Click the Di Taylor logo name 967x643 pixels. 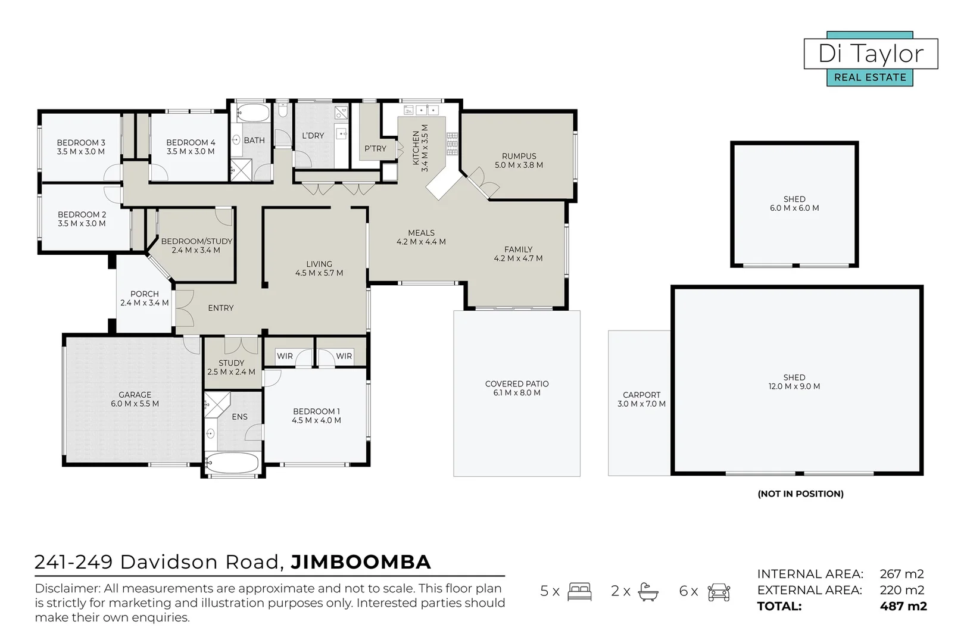click(x=871, y=54)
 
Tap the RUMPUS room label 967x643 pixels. click(x=519, y=156)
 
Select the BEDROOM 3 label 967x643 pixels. click(x=81, y=142)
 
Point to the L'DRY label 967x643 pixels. click(x=313, y=136)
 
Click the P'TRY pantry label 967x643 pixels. click(x=375, y=148)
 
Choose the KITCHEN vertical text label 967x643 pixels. click(x=416, y=148)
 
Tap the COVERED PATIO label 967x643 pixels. click(x=517, y=383)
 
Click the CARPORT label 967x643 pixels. click(x=641, y=395)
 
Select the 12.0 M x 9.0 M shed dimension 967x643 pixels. click(x=794, y=386)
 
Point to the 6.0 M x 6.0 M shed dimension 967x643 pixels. click(x=794, y=208)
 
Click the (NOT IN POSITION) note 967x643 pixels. click(x=801, y=494)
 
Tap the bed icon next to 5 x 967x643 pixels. click(x=580, y=591)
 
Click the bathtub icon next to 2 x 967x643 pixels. click(x=648, y=592)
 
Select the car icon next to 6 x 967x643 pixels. click(x=719, y=592)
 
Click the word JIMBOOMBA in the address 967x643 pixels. click(x=361, y=562)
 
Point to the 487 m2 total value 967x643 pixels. click(x=903, y=606)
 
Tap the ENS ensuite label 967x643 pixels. click(x=239, y=416)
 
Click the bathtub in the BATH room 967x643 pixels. click(x=253, y=113)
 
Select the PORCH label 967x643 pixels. click(x=145, y=294)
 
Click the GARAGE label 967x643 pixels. click(x=135, y=395)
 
